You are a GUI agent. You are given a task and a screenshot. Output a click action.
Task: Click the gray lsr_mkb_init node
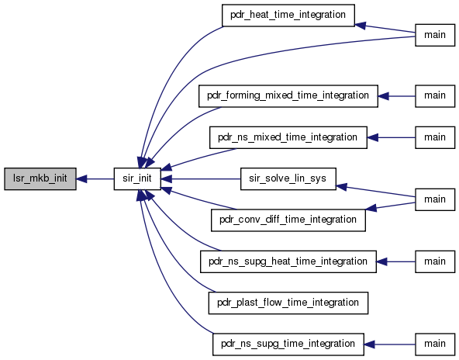click(x=40, y=178)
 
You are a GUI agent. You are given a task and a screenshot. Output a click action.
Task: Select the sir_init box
click(x=137, y=178)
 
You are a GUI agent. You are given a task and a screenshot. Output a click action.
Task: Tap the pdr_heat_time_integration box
click(x=288, y=16)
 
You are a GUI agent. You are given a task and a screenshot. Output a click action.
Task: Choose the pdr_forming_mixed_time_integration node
click(x=288, y=96)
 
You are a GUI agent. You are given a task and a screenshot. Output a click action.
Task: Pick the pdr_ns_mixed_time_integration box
click(x=288, y=137)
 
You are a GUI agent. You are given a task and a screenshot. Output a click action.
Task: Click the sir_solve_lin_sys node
click(x=288, y=178)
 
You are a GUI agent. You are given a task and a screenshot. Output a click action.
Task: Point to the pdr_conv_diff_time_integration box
click(x=288, y=220)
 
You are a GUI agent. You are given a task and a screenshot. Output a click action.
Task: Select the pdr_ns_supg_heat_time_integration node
click(x=288, y=261)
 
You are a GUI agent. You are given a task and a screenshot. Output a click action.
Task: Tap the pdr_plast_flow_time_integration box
click(x=288, y=303)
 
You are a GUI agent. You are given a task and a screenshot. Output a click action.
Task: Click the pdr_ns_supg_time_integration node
click(x=288, y=344)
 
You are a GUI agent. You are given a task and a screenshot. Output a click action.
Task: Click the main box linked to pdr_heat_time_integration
click(x=435, y=35)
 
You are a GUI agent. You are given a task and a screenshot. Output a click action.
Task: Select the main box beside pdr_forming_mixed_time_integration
click(x=435, y=96)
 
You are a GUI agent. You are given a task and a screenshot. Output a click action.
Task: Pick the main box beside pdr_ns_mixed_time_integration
click(x=435, y=137)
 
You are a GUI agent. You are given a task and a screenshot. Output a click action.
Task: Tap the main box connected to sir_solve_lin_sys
click(x=435, y=199)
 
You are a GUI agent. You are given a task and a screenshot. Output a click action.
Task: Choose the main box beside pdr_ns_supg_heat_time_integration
click(x=435, y=261)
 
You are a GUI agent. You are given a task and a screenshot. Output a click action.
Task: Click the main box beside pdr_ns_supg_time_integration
click(x=435, y=344)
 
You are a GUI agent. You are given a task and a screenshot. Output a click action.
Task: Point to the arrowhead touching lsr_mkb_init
click(x=81, y=178)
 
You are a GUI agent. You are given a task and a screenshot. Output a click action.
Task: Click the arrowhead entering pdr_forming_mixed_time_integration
click(x=383, y=96)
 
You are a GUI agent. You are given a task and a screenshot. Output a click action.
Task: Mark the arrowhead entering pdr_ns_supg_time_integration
click(x=369, y=344)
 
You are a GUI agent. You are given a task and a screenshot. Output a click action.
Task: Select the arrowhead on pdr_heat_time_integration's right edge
click(x=360, y=26)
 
